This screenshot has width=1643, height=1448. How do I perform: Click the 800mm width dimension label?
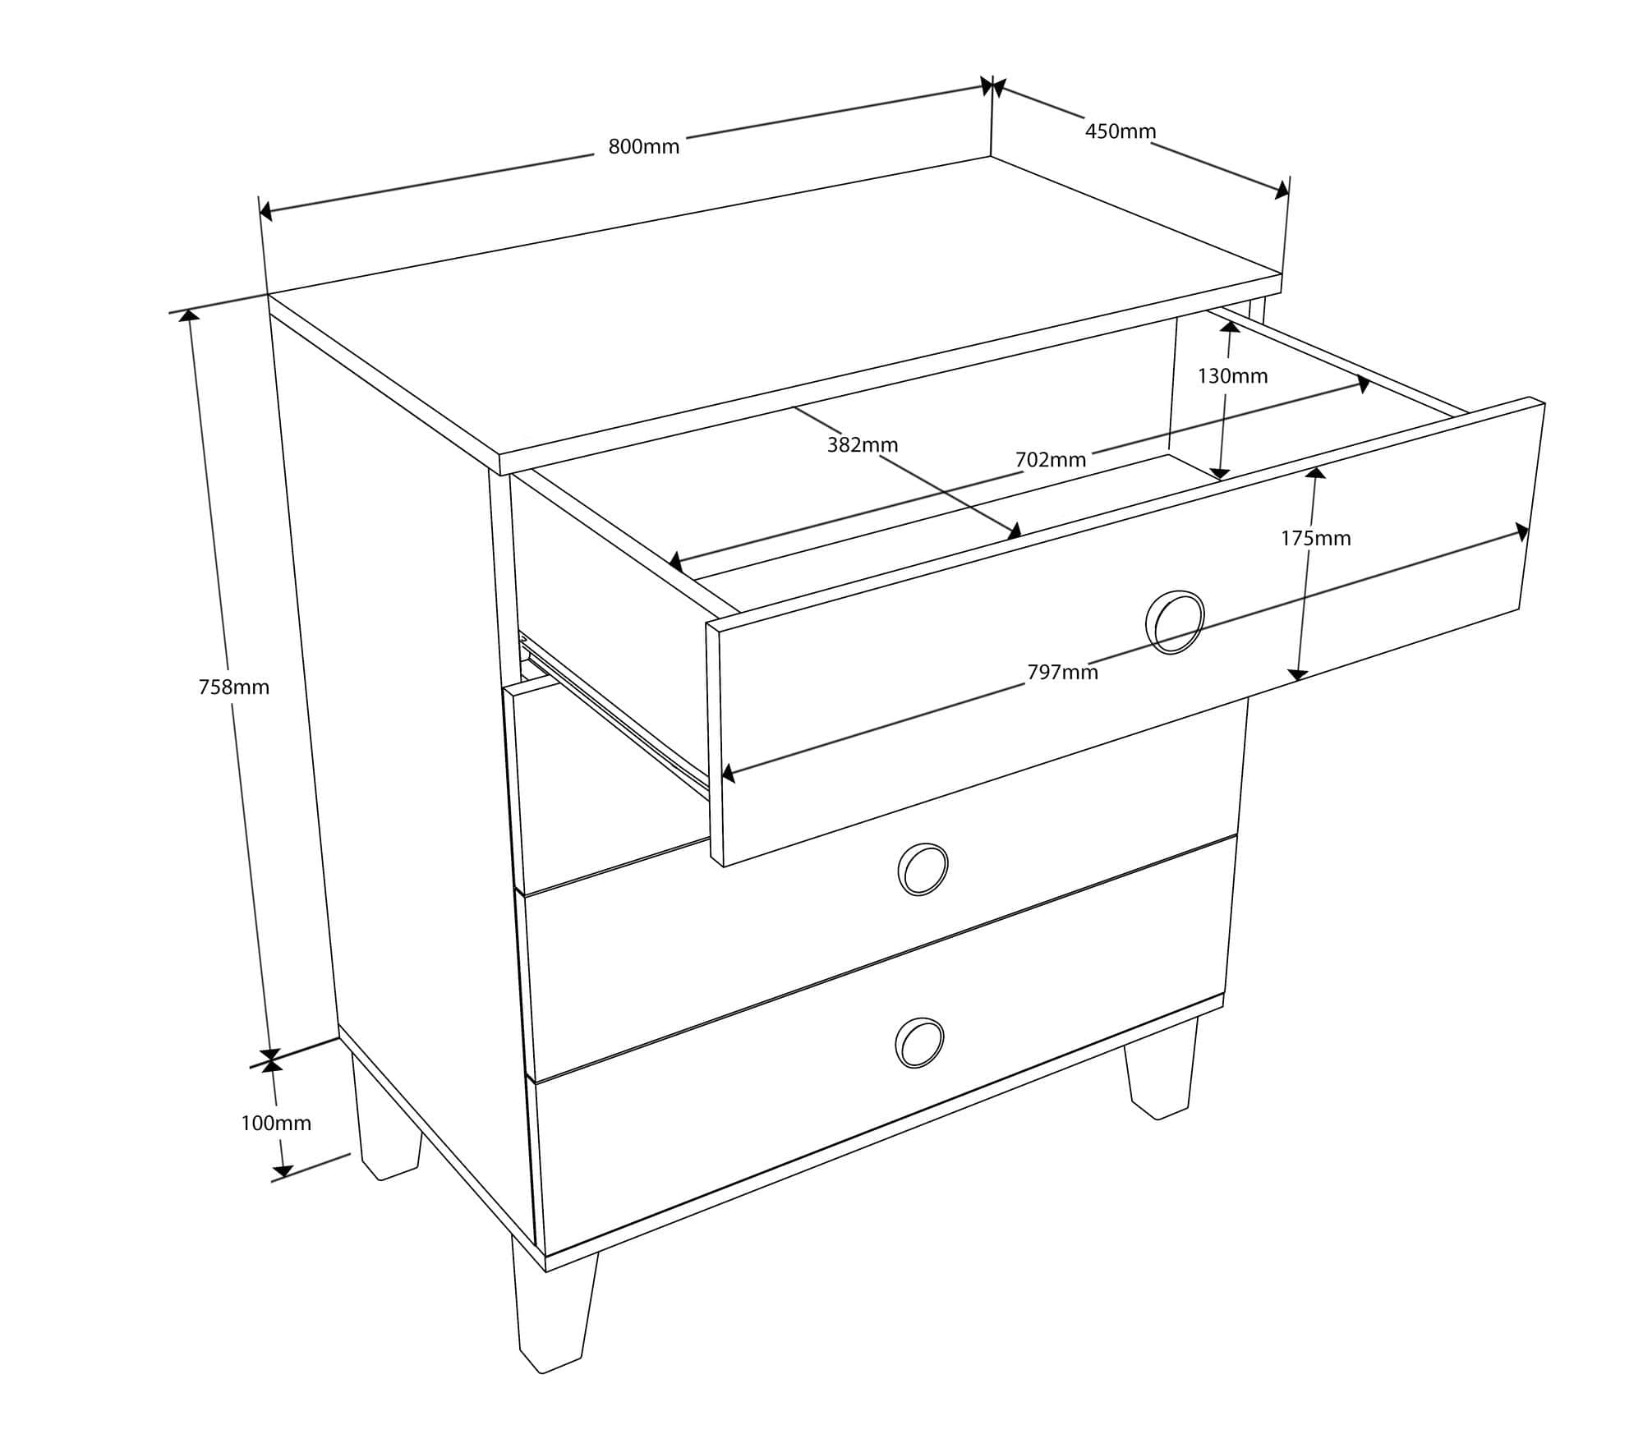(644, 147)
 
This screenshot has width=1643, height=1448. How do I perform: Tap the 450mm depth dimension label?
(1121, 131)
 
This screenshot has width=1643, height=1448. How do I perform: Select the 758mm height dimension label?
(234, 687)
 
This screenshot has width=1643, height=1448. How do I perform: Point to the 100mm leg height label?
(276, 1123)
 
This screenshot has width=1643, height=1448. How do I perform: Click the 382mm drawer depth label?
(863, 445)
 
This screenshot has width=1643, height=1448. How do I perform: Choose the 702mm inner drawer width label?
(1051, 460)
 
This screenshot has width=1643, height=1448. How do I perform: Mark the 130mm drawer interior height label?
(1232, 376)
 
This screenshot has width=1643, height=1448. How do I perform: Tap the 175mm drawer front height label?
(1316, 539)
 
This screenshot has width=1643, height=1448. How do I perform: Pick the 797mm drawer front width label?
(1063, 673)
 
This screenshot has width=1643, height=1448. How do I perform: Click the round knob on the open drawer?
(1175, 622)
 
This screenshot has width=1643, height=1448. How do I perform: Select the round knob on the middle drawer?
(923, 869)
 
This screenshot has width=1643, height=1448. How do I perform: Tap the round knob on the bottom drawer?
(919, 1043)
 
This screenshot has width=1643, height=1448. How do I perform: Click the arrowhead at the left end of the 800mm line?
(266, 212)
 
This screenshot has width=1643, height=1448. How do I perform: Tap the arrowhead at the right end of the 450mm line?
(1282, 190)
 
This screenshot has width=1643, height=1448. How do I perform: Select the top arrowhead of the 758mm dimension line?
(189, 316)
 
